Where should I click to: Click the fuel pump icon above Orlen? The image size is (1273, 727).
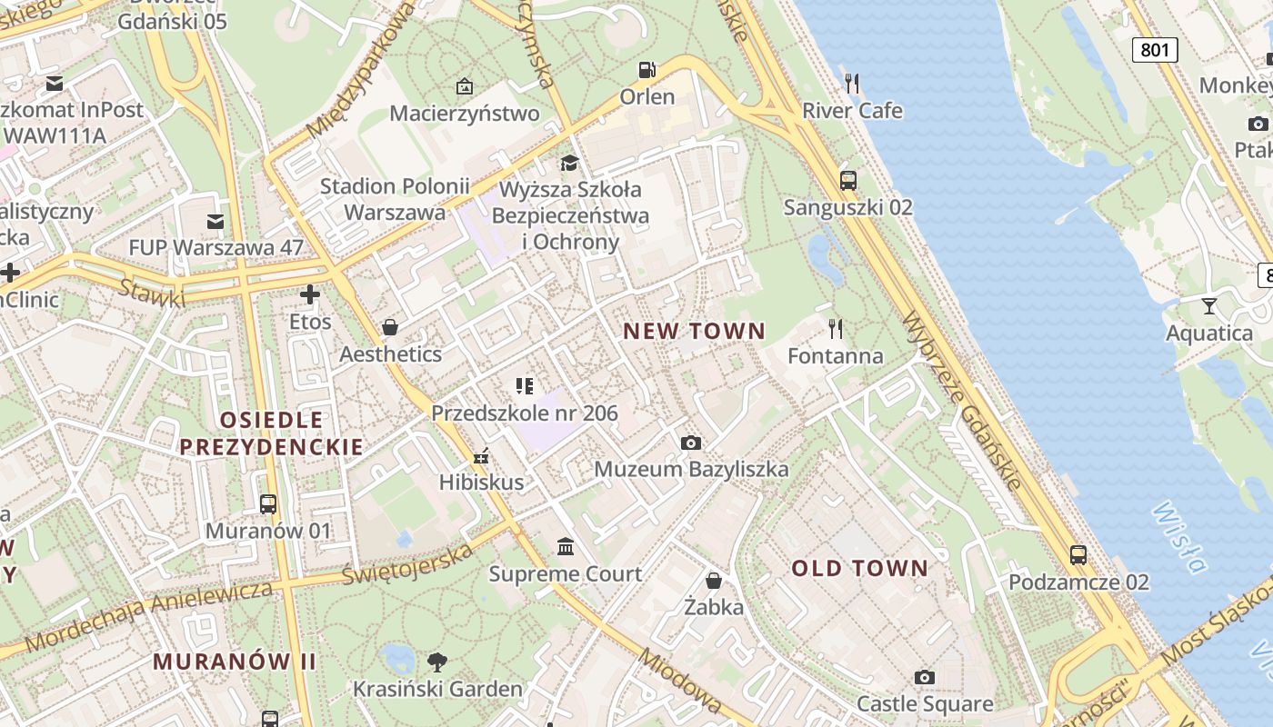pos(647,70)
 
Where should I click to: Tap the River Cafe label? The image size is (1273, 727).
pos(852,111)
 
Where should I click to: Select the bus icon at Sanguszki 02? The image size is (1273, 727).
pos(848,181)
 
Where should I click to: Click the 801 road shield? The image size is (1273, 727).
pos(1155,49)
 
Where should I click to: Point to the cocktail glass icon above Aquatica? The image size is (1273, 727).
pos(1209,305)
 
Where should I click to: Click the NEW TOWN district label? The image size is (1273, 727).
pos(695,332)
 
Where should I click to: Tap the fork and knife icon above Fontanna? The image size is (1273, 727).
pos(835,328)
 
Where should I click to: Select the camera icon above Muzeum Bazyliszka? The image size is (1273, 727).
pos(691,443)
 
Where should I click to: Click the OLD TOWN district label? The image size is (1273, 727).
pos(859,569)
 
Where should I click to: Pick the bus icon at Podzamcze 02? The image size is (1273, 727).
pos(1078,554)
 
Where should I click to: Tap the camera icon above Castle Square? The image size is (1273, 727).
pos(925,677)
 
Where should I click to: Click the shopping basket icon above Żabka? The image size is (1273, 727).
pos(714,580)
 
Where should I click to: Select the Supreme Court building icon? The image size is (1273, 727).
pos(566,546)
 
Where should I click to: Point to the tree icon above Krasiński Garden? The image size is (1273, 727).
pos(437,662)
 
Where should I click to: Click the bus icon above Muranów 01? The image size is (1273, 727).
pos(268,503)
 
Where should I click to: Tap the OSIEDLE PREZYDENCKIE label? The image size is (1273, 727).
pos(271,433)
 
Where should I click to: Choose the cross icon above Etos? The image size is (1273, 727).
pos(310,294)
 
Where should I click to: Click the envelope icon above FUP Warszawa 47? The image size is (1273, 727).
pos(216,221)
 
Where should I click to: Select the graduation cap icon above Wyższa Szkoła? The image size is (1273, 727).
pos(570,163)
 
